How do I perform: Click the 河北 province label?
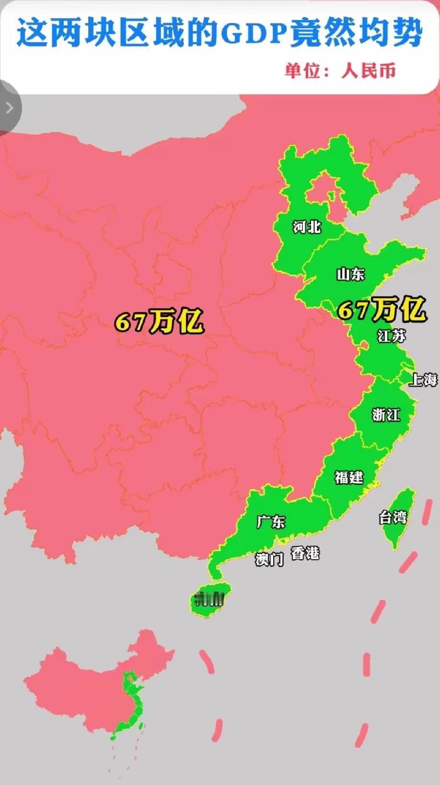(x=307, y=227)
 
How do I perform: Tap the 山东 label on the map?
(x=350, y=274)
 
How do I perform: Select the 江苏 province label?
(x=391, y=336)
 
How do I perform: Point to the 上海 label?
(x=423, y=380)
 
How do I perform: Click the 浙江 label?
(x=386, y=415)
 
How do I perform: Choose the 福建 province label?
(x=349, y=477)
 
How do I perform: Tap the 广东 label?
(x=271, y=521)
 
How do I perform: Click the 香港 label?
(x=305, y=553)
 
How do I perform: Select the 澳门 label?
(x=269, y=559)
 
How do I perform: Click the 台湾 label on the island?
(x=393, y=518)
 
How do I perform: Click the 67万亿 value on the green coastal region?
(x=382, y=309)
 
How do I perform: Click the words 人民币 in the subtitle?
(x=369, y=71)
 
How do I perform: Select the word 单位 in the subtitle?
(x=302, y=71)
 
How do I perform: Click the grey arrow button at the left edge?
(x=9, y=107)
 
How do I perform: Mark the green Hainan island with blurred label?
(x=209, y=599)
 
